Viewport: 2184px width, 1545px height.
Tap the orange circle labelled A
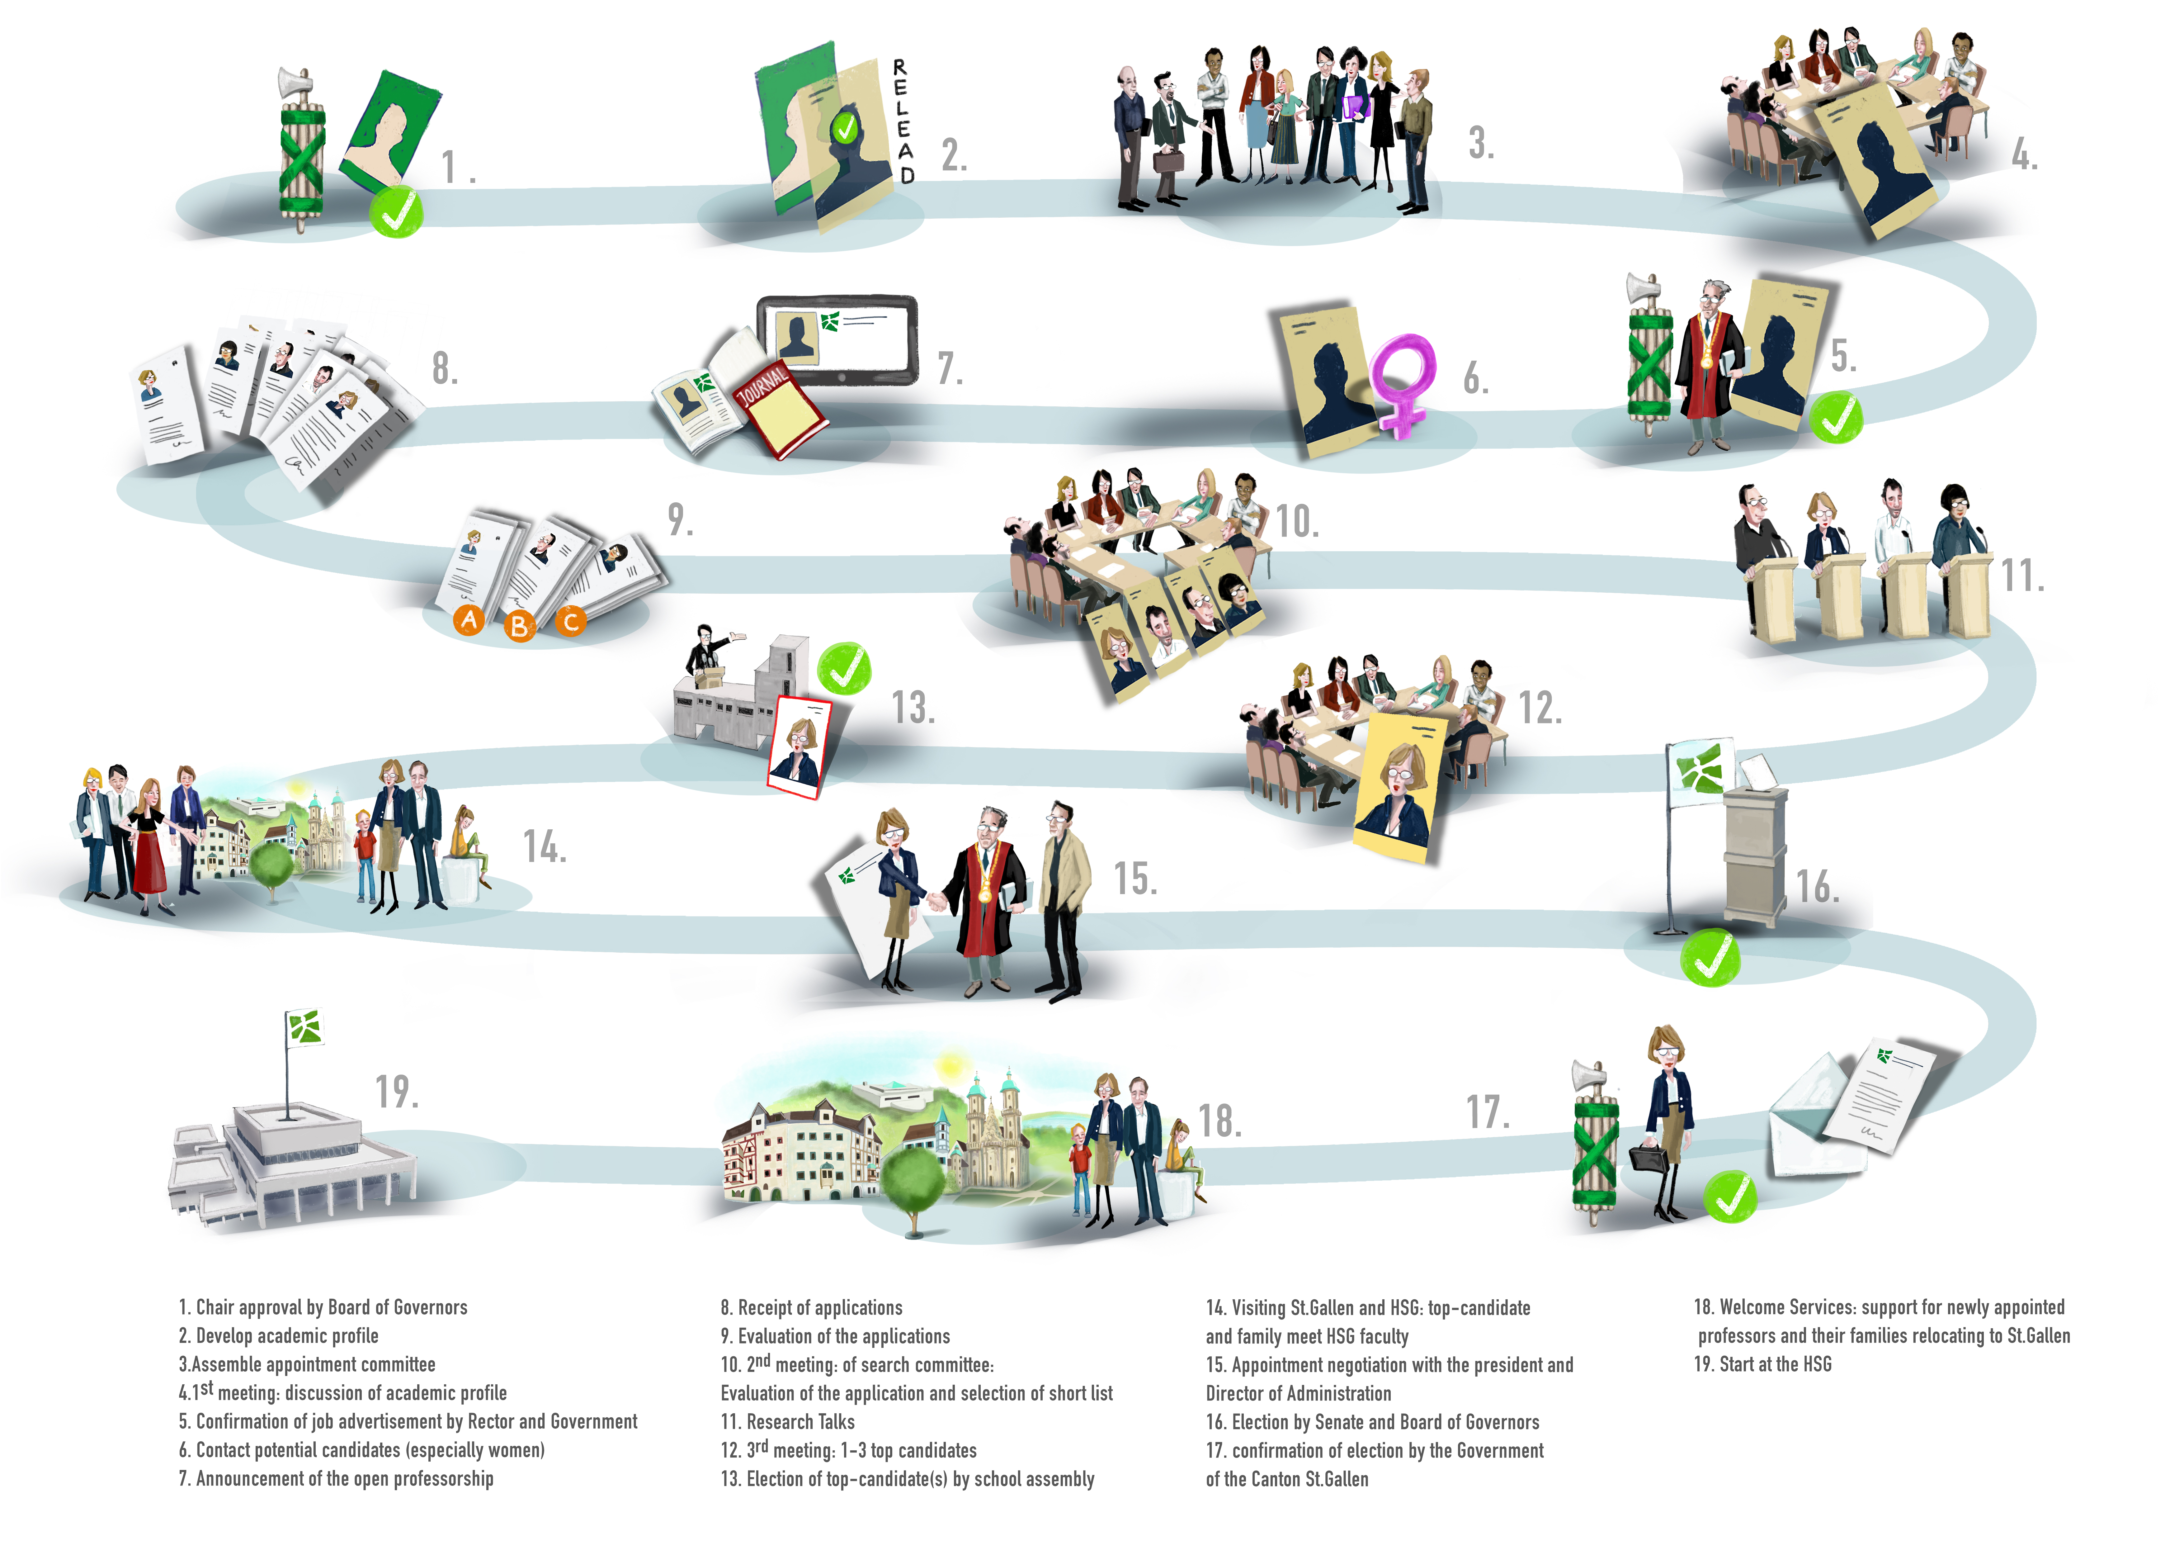tap(468, 620)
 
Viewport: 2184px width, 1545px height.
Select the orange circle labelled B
tap(519, 626)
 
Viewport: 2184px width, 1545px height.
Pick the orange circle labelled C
tap(571, 621)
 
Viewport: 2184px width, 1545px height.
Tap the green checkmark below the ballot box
tap(1709, 957)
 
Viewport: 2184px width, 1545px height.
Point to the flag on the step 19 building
tap(305, 1027)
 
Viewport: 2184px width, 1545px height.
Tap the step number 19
tap(397, 1092)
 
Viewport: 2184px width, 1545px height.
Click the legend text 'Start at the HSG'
tap(1762, 1364)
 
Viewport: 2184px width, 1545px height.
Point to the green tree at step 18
tap(913, 1180)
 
